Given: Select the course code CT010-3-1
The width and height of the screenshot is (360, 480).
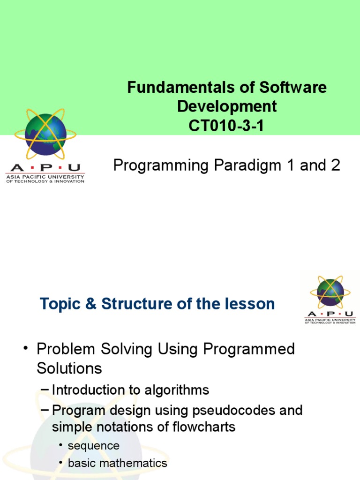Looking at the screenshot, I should click(x=227, y=126).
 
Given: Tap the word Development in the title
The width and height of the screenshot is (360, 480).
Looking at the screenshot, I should click(x=227, y=107).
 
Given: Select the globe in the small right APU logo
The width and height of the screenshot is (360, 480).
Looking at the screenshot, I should click(x=330, y=292).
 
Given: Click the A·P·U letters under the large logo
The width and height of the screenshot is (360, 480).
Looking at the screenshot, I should click(x=45, y=168).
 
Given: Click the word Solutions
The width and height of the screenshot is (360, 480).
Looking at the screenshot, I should click(x=69, y=368).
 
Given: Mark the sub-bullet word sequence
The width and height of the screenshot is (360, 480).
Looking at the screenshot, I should click(x=94, y=445).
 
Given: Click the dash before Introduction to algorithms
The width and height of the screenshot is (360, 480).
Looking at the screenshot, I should click(x=45, y=390).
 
